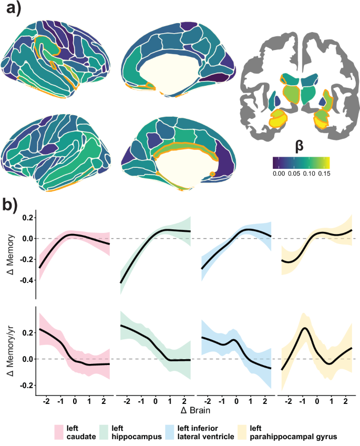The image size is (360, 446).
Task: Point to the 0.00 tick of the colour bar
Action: pyautogui.click(x=279, y=172)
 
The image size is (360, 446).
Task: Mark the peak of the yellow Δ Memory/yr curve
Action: pyautogui.click(x=304, y=328)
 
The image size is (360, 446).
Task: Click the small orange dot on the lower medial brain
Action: pyautogui.click(x=212, y=174)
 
